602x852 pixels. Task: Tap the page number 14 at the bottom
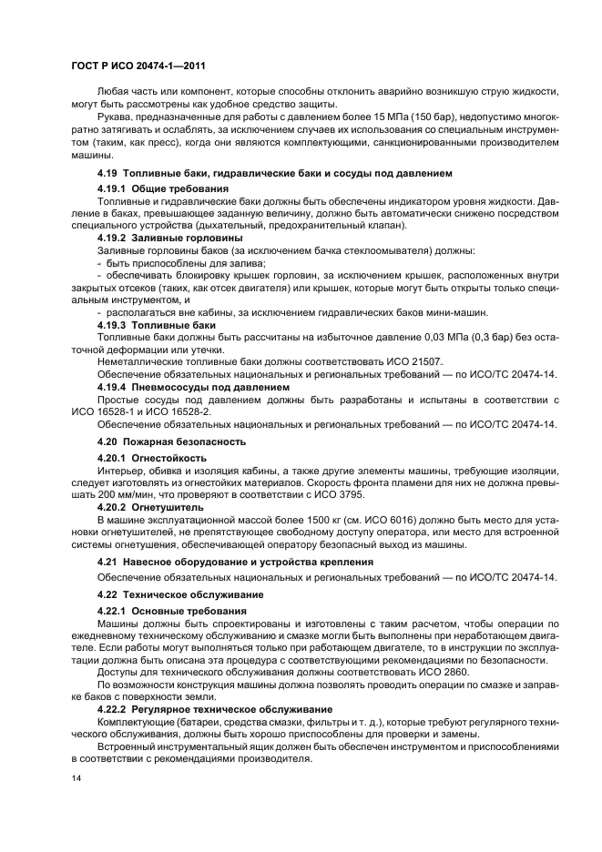coord(77,779)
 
